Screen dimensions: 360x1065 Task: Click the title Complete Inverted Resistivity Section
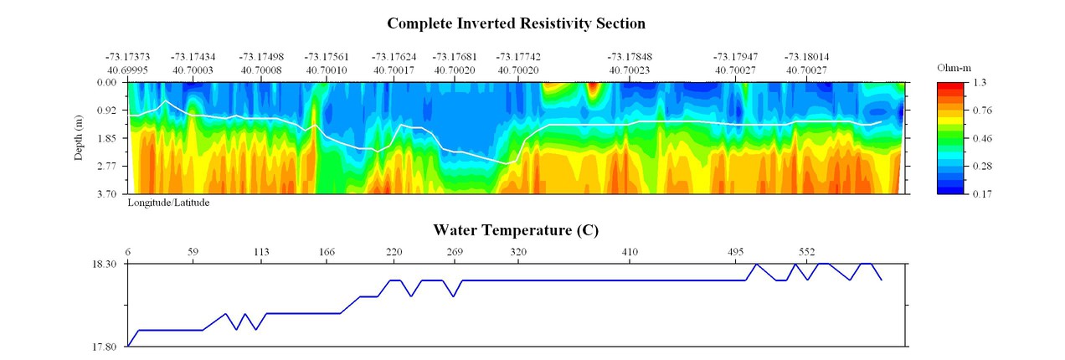coord(516,23)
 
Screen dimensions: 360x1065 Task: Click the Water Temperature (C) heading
coord(516,229)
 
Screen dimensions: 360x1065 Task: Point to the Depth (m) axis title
coord(79,139)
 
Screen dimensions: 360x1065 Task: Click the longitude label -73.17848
coord(630,56)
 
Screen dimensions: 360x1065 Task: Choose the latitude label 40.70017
coord(394,70)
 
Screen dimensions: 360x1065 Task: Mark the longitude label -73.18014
coord(806,56)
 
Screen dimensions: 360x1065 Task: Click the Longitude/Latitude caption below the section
coord(168,203)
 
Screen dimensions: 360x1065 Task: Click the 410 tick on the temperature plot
coord(630,251)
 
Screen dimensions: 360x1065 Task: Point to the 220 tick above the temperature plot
coord(394,251)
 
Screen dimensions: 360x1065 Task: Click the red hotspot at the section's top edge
coord(593,86)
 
